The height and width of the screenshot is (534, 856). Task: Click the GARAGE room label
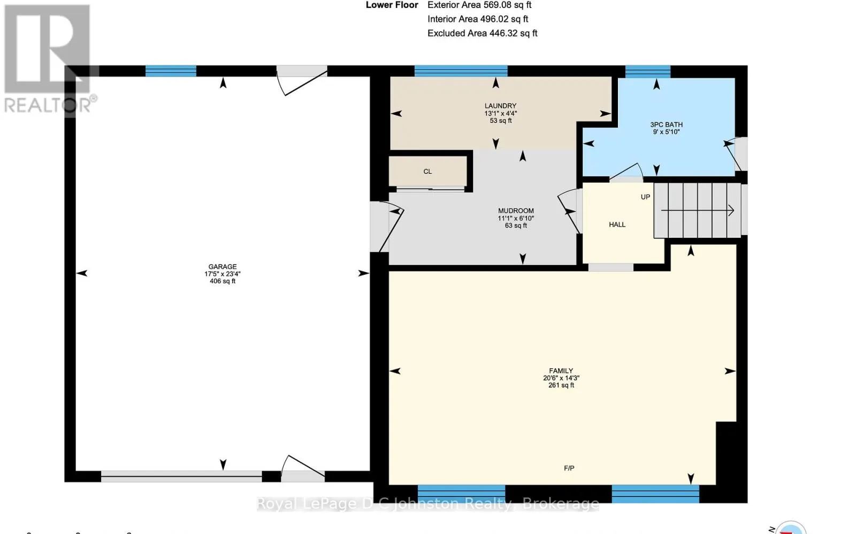(223, 266)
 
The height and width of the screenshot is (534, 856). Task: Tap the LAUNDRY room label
(500, 106)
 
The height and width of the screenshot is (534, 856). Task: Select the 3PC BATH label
(666, 125)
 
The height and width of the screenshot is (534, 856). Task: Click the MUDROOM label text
(516, 211)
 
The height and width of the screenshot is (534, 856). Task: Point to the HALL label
(617, 225)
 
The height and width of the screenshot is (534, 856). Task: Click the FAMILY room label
(561, 370)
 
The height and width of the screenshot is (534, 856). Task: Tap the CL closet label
(427, 172)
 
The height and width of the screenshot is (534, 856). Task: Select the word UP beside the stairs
(645, 197)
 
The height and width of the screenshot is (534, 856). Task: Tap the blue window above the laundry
(461, 71)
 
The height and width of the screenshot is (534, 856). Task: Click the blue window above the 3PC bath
(648, 72)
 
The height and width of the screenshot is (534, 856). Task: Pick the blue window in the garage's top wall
(171, 71)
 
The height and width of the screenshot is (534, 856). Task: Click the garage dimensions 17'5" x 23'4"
(223, 274)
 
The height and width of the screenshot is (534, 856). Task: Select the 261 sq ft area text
(561, 385)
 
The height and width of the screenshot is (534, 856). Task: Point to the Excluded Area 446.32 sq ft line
(482, 33)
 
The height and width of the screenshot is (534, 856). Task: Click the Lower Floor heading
(392, 5)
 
